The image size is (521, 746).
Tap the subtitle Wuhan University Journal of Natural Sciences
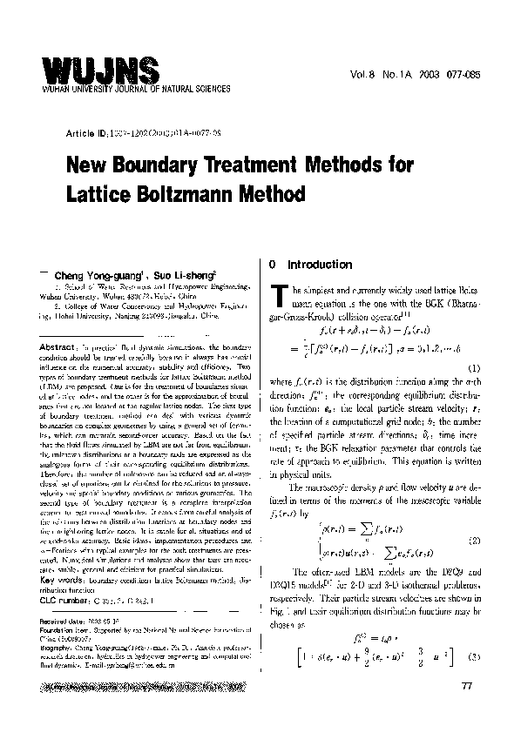coord(134,89)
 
